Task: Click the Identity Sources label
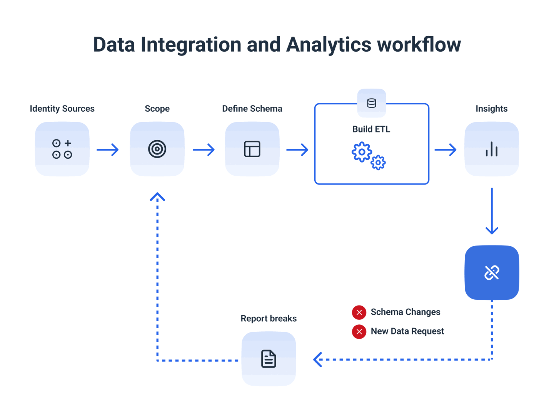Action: coord(62,109)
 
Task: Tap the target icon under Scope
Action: coord(157,149)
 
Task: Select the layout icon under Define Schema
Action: coord(252,149)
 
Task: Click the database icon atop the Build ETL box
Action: coord(372,103)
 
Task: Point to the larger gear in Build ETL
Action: coord(362,152)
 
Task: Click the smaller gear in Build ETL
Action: coord(378,163)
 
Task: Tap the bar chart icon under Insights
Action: coord(492,149)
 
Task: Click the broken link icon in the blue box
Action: coord(492,272)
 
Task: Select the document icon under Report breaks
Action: coord(269,359)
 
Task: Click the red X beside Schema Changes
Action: coord(359,312)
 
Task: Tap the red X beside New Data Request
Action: coord(359,332)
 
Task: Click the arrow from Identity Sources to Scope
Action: coord(108,149)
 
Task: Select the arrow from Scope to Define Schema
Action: coord(204,149)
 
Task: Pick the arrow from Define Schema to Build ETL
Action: coord(297,149)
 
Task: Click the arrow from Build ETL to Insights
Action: coord(446,149)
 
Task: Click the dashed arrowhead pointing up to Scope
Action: coord(157,197)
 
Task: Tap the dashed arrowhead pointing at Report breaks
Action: coord(318,359)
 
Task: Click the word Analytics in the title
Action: coord(329,45)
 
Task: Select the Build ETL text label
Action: coord(371,129)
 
